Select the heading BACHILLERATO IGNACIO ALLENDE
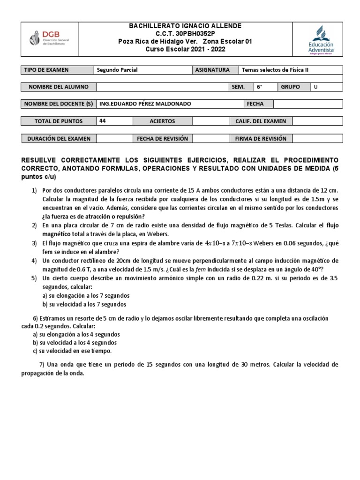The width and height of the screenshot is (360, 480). (x=185, y=26)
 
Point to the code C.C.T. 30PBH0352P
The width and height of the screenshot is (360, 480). (x=185, y=34)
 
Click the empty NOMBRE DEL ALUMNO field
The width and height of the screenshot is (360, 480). (x=162, y=87)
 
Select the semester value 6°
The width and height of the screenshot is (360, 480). (x=265, y=87)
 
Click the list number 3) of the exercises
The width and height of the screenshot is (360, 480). (x=34, y=243)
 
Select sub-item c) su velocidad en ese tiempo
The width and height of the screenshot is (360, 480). (x=73, y=351)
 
